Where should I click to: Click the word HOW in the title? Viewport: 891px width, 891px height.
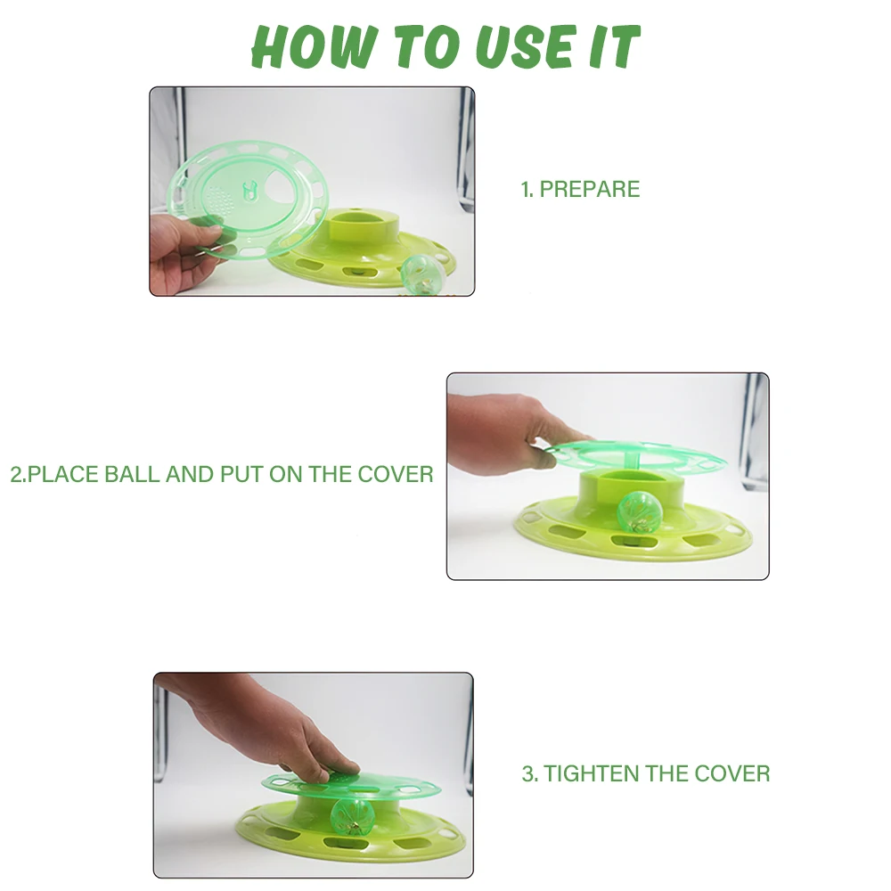click(314, 47)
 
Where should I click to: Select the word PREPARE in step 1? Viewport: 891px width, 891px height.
click(589, 189)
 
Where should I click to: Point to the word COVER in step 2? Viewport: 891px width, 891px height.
click(396, 474)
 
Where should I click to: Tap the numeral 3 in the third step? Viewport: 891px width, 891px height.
click(527, 773)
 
